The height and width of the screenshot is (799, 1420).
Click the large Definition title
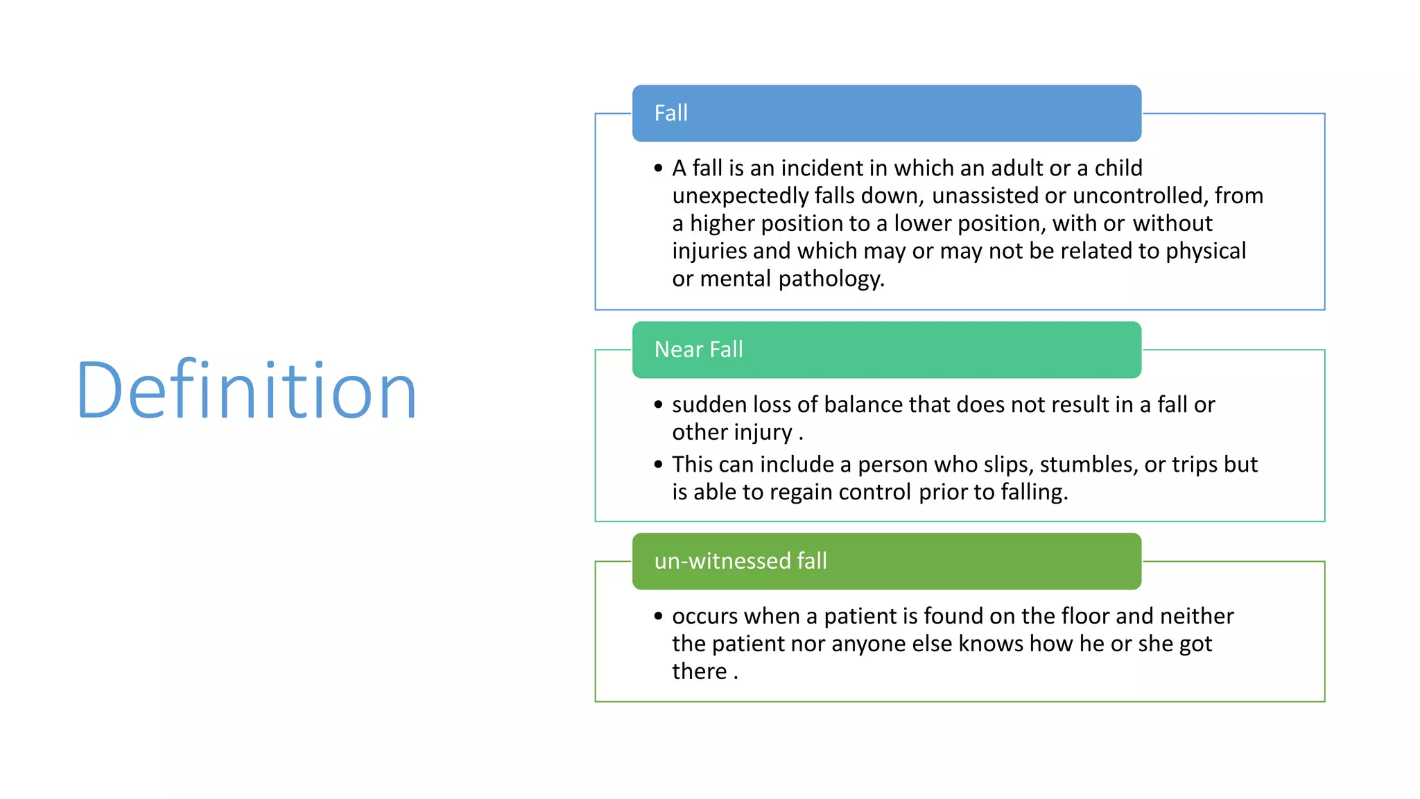pyautogui.click(x=246, y=390)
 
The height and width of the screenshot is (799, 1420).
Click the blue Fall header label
pyautogui.click(x=670, y=113)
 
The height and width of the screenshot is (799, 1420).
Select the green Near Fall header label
pyautogui.click(x=698, y=350)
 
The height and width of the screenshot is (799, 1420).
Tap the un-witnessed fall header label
pyautogui.click(x=740, y=561)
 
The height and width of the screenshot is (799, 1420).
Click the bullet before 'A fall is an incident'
pyautogui.click(x=658, y=169)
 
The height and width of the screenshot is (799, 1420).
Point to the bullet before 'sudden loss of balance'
pyautogui.click(x=658, y=405)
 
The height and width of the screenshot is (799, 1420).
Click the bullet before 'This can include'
pyautogui.click(x=658, y=465)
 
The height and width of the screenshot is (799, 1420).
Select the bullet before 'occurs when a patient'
pyautogui.click(x=658, y=617)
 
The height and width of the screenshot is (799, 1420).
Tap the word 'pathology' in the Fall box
pyautogui.click(x=831, y=279)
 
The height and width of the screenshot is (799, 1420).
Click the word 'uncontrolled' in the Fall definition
pyautogui.click(x=1139, y=196)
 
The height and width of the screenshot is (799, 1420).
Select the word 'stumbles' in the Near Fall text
pyautogui.click(x=1089, y=465)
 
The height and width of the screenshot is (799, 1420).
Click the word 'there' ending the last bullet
pyautogui.click(x=699, y=671)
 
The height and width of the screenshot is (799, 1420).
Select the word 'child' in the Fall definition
pyautogui.click(x=1118, y=169)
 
